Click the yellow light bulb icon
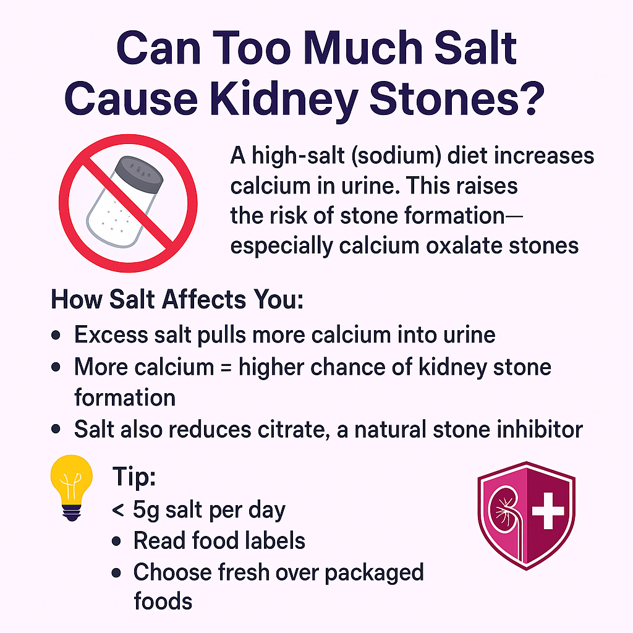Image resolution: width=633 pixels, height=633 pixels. pos(72,487)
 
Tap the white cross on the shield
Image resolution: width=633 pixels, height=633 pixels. pos(548,510)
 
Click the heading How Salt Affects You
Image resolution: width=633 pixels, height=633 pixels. pos(177,300)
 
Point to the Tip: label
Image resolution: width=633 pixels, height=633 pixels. pos(134,477)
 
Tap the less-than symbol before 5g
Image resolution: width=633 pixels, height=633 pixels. pos(118,511)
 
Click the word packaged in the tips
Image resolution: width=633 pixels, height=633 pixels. pos(374,573)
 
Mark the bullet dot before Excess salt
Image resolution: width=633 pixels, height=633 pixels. pos(56,335)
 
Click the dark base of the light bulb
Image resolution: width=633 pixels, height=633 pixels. pos(72,512)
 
